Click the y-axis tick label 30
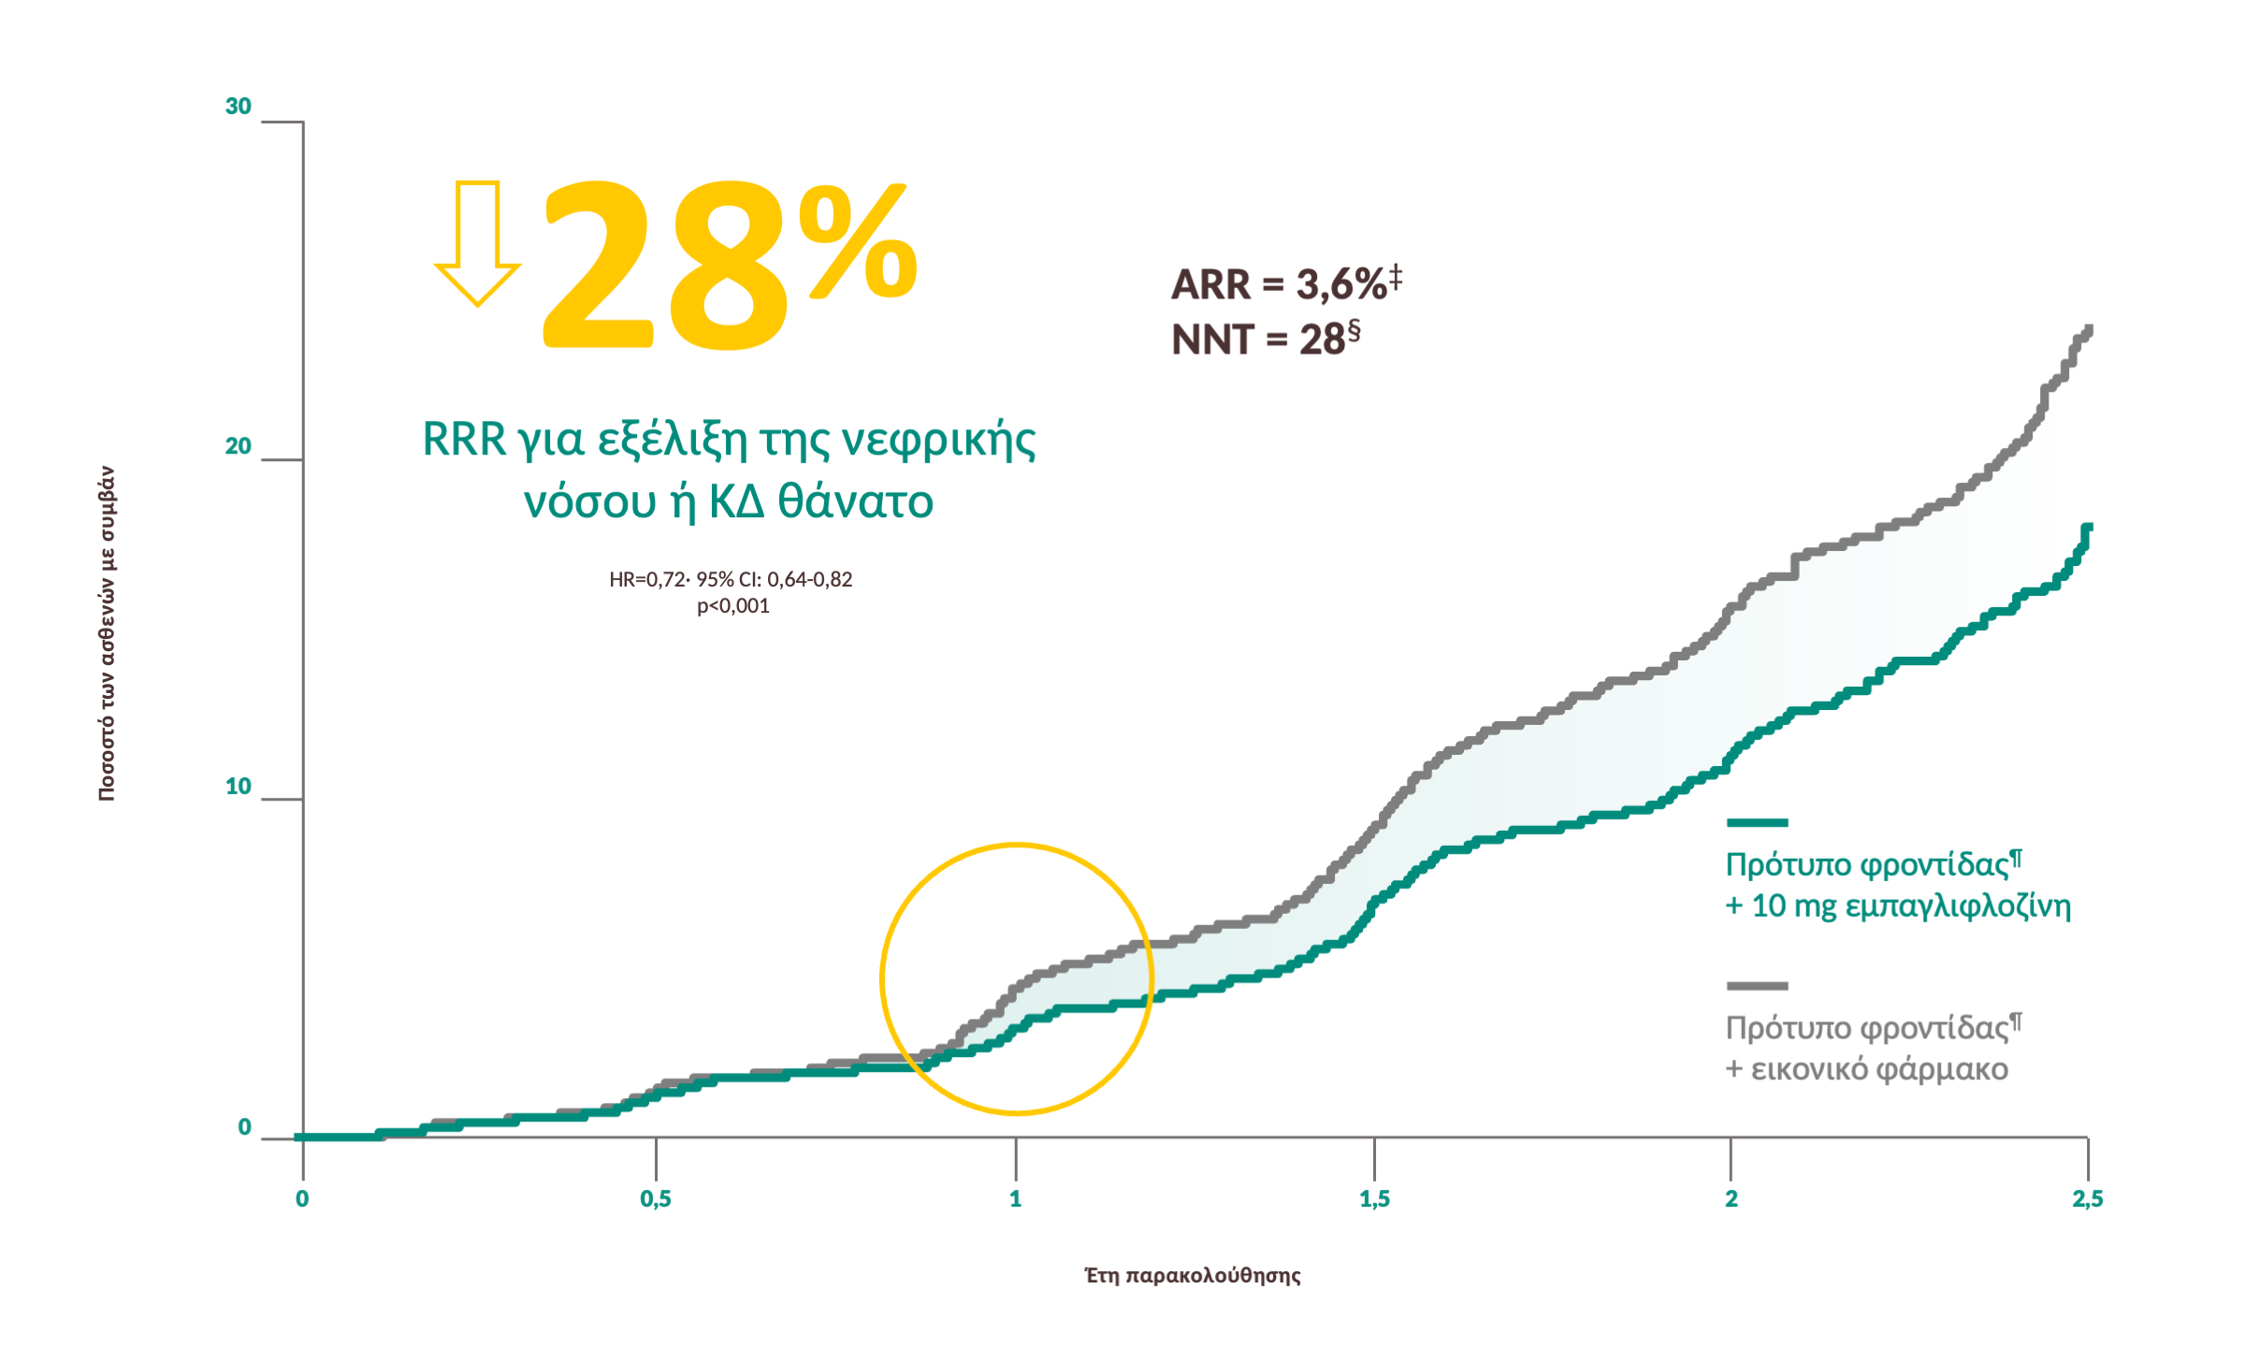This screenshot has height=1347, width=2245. point(239,107)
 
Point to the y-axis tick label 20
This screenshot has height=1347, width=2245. point(239,446)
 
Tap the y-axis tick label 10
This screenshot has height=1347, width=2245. point(239,787)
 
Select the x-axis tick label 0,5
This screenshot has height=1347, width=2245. point(656,1199)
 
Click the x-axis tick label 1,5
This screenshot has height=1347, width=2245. point(1374,1199)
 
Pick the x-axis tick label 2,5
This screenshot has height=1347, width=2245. point(2087,1199)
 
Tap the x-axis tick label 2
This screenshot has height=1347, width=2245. point(1731,1199)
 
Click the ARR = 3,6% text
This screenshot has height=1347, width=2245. point(1286,283)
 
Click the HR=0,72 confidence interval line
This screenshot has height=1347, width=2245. point(731,580)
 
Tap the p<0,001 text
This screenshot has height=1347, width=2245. point(733,606)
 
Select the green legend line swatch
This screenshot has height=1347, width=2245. point(1757,823)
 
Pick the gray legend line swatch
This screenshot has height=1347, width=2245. point(1757,986)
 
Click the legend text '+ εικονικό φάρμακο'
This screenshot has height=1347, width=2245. point(1866,1069)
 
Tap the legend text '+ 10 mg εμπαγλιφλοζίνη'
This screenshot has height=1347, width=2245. point(1898,906)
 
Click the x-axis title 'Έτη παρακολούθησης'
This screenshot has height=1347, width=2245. point(1193,1276)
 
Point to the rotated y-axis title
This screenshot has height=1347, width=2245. point(108,633)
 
